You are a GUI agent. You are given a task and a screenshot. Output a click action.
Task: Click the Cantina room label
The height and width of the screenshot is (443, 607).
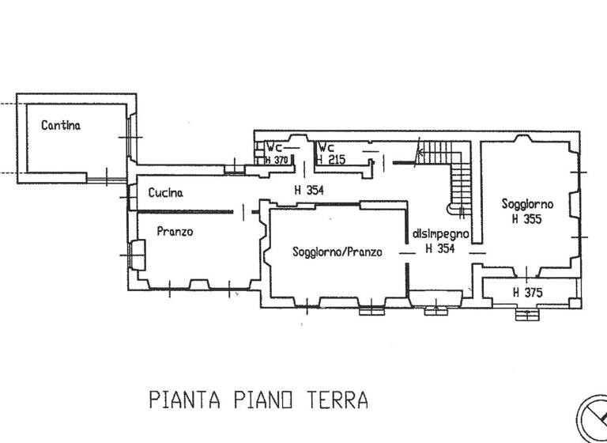(x=61, y=126)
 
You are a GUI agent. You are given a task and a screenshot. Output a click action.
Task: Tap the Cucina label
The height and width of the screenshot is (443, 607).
(x=166, y=192)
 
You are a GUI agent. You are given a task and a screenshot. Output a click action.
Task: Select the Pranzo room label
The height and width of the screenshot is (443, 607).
(x=175, y=231)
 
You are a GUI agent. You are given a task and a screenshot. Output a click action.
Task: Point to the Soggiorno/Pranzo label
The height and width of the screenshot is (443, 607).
(x=337, y=252)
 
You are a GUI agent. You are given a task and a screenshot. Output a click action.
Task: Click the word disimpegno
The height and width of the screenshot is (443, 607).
(x=441, y=234)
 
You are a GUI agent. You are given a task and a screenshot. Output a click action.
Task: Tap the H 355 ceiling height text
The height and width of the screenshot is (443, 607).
(x=527, y=219)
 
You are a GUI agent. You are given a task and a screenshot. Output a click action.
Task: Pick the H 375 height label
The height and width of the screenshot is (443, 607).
(x=528, y=292)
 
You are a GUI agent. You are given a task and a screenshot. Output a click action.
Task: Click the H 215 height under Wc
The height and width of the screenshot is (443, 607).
(x=331, y=159)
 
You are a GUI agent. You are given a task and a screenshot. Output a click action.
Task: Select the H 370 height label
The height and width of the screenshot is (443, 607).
(x=277, y=160)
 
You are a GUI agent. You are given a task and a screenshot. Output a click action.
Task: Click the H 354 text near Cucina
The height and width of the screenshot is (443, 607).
(x=309, y=191)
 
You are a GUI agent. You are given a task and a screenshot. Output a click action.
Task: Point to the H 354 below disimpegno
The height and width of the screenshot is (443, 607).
(x=440, y=248)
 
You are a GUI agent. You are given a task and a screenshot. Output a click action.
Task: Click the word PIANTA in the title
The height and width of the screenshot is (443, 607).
(x=185, y=400)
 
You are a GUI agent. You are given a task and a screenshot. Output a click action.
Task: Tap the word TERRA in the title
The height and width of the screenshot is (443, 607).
(x=337, y=400)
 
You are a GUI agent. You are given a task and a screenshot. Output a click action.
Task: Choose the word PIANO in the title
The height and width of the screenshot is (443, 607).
(x=264, y=400)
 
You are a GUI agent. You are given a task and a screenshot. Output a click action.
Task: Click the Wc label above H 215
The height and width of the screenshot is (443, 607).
(x=326, y=148)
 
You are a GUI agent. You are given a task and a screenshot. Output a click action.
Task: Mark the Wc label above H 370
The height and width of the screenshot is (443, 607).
(x=274, y=148)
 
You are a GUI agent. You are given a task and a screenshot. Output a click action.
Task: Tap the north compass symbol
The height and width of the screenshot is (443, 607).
(x=592, y=418)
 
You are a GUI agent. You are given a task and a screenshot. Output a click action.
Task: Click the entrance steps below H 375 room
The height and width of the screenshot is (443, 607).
(x=527, y=314)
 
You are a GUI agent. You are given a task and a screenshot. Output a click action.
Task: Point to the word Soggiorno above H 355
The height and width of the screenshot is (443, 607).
(x=528, y=204)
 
